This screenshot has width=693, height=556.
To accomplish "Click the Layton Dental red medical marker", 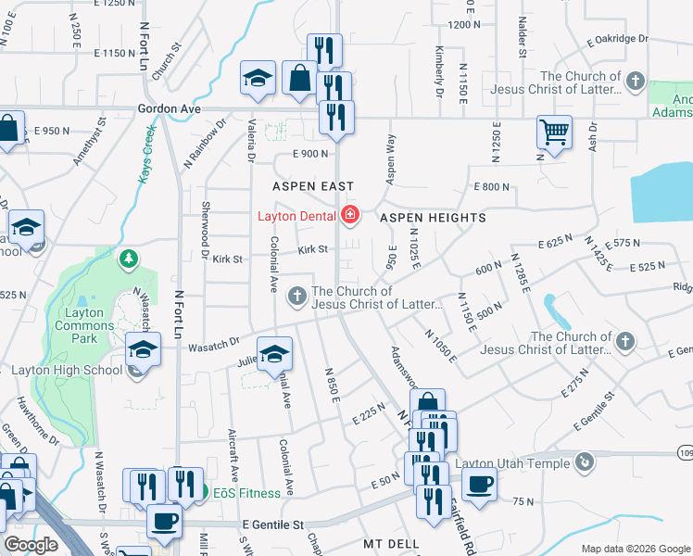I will point(350,217).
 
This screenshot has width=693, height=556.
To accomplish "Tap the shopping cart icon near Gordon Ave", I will point(553,132).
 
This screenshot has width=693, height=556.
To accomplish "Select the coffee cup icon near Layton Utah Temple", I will point(479,484).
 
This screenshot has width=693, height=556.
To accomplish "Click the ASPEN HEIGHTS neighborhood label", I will point(433,218).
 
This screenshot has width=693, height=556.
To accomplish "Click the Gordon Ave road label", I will point(169,109).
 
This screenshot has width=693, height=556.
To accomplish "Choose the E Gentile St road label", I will point(273,524).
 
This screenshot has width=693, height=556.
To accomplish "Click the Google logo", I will point(31,545).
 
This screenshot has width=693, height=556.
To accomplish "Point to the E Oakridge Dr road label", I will point(617,40).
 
